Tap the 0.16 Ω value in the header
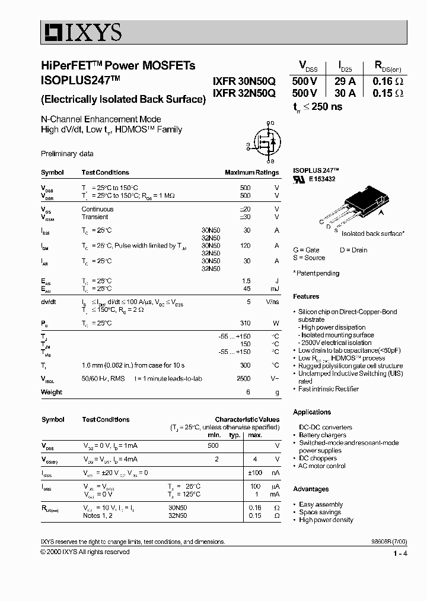click(x=388, y=82)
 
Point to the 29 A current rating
click(x=345, y=82)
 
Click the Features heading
click(x=306, y=296)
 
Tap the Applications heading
click(x=312, y=412)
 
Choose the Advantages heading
click(x=311, y=489)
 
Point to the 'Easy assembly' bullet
click(x=321, y=504)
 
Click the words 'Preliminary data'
click(x=67, y=154)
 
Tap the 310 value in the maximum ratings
click(x=244, y=323)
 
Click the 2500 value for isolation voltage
click(x=243, y=378)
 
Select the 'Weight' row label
click(x=52, y=392)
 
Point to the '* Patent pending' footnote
click(x=317, y=273)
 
